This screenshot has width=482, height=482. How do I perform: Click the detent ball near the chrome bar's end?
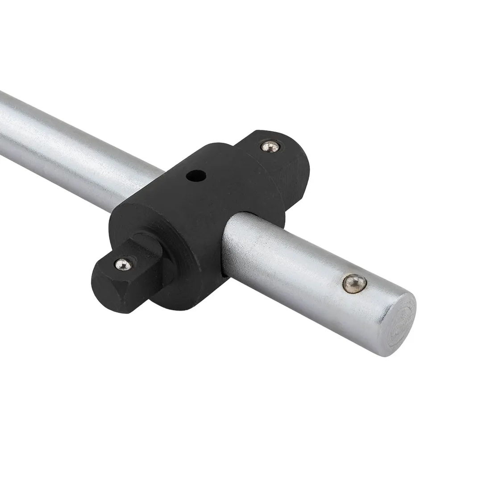click(354, 283)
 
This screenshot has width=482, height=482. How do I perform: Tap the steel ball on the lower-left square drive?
click(123, 264)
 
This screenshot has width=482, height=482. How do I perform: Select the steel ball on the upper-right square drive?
click(270, 146)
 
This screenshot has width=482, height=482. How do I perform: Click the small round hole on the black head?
click(196, 176)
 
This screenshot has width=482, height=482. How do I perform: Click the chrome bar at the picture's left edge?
click(7, 125)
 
